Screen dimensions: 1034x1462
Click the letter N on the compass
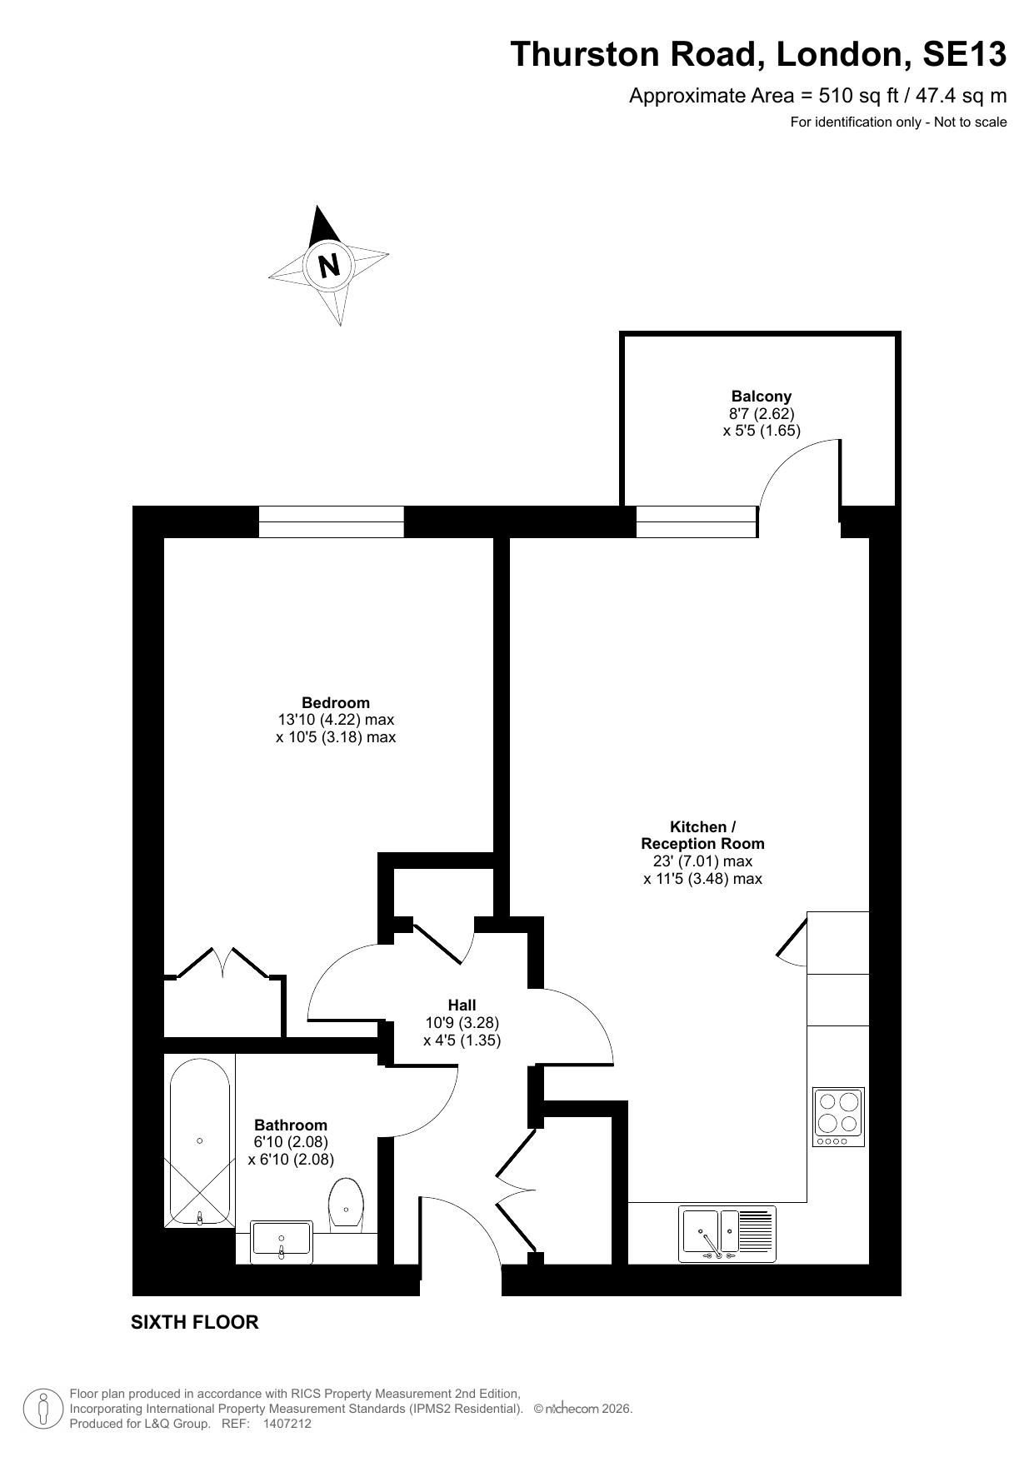tap(330, 264)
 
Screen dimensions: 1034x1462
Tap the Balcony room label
tap(761, 397)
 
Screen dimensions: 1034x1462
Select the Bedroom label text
tap(336, 703)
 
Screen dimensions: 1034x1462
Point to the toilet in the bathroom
tap(346, 1205)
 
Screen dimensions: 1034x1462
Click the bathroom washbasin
tap(282, 1239)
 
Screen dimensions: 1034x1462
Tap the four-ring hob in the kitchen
tap(839, 1116)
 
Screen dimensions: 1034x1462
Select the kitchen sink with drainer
tap(727, 1234)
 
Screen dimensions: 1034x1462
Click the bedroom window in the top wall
tap(331, 522)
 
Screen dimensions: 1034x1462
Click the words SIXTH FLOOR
tap(195, 1322)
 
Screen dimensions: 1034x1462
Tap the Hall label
tap(462, 1005)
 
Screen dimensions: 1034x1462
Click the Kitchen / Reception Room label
tap(702, 835)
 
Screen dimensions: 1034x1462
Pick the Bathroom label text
tap(291, 1125)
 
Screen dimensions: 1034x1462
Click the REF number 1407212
tap(287, 1424)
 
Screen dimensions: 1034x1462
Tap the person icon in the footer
tap(42, 1409)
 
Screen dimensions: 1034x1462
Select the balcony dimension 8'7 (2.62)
tap(762, 414)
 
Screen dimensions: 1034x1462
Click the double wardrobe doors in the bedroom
tap(223, 961)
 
